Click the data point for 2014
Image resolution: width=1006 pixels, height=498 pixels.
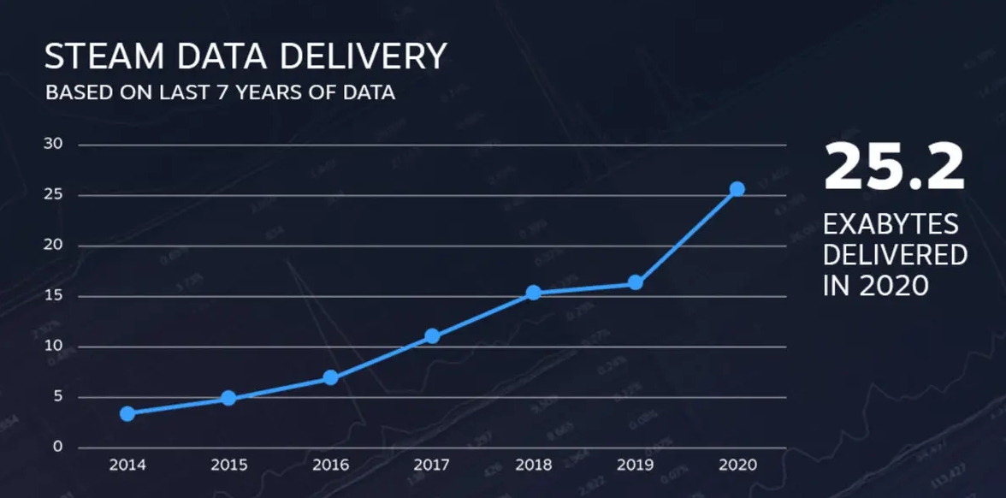pos(127,414)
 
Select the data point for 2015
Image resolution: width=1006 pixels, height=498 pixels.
pos(228,398)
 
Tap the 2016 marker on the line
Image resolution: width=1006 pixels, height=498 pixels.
pos(330,377)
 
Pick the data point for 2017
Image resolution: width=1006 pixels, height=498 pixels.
pos(432,336)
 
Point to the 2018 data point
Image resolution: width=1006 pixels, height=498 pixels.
pos(534,293)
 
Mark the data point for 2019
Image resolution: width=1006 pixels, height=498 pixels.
pos(636,282)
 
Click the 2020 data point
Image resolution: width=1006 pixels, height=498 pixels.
pos(737,189)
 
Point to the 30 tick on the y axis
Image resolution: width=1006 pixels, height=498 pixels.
pos(53,144)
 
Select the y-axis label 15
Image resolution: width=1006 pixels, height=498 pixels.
pos(53,296)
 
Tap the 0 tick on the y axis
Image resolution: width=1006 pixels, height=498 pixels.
pos(58,447)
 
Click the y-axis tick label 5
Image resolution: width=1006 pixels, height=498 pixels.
pos(58,397)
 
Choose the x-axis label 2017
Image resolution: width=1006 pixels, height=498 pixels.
pos(432,465)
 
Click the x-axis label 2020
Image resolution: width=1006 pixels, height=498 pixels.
pos(737,465)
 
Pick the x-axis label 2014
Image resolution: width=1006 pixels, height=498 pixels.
pos(127,465)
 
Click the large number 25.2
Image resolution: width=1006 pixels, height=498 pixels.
pos(894,168)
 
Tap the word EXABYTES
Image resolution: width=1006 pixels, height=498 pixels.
pos(891,226)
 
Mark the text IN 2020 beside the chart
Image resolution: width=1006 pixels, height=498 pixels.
pos(875,285)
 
